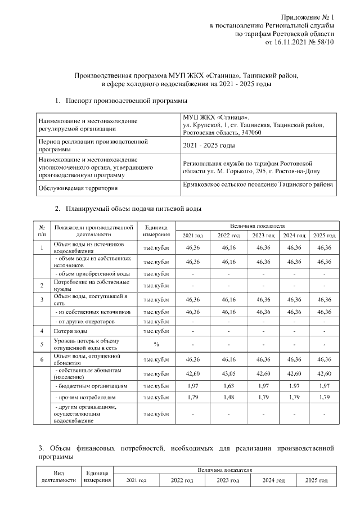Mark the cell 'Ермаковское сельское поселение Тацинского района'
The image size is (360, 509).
[x=258, y=184]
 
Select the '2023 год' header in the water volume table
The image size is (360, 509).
[x=263, y=235]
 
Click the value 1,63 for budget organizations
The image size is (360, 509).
[x=228, y=386]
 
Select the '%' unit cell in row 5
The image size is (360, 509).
[x=156, y=344]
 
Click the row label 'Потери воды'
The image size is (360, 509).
[x=70, y=331]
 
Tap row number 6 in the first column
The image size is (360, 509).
[x=42, y=358]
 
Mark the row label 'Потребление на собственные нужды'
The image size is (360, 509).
[x=91, y=285]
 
